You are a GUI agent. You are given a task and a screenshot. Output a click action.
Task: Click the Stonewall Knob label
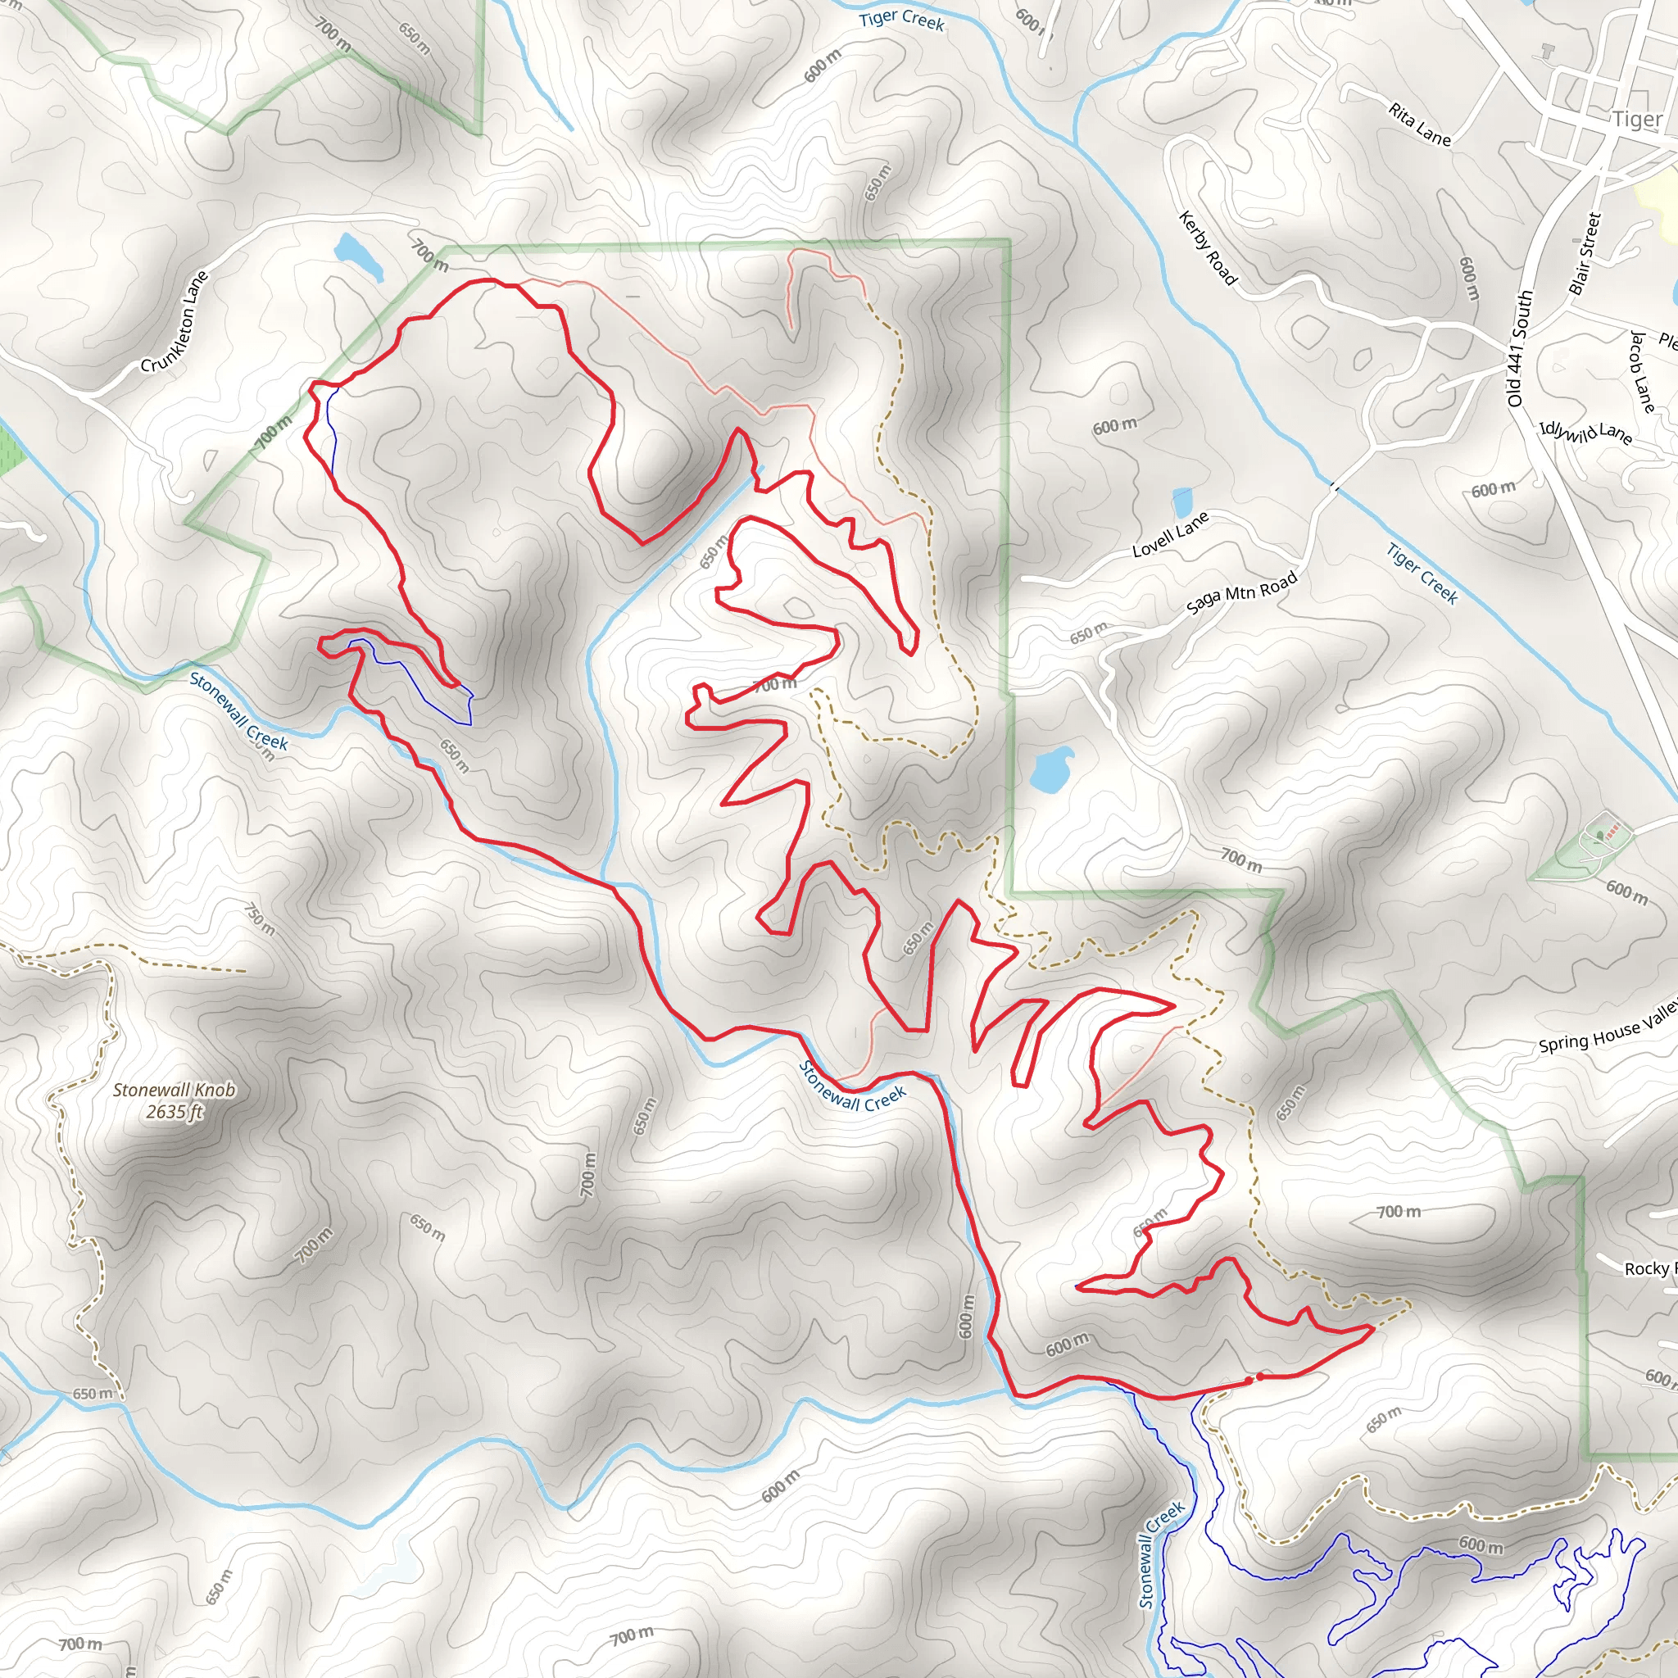174,1090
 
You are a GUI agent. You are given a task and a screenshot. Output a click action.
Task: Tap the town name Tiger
1636,119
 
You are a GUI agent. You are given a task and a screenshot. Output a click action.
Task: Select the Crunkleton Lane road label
175,321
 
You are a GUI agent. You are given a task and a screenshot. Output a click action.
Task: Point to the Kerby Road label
1206,247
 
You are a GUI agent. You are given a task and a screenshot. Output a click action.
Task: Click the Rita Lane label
1419,125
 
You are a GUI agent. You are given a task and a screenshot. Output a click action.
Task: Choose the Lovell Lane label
1170,535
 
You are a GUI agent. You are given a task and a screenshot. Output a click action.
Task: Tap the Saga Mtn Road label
1241,592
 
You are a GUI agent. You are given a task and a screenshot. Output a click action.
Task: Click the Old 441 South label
1519,348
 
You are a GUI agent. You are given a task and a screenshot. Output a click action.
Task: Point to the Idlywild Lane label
1585,432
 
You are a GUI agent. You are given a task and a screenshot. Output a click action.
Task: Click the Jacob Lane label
1641,372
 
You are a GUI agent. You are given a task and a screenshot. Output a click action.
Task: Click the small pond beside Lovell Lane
1182,501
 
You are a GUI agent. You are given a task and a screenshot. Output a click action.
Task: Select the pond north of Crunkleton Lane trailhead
359,255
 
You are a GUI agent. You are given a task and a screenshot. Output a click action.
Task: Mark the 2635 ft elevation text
174,1113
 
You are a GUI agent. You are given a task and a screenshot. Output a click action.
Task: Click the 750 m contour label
259,919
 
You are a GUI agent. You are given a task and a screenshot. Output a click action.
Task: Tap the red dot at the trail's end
1259,1376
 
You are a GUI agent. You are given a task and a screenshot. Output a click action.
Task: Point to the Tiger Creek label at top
900,19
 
